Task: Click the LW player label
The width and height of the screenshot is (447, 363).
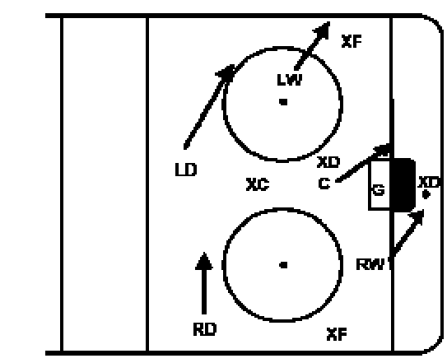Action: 289,80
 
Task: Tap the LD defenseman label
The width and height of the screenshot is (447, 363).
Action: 186,170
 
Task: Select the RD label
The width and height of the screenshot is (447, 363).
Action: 205,329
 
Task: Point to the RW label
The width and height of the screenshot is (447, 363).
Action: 370,264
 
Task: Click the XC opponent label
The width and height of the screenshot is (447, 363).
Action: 258,184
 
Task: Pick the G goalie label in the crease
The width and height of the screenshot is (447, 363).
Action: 379,189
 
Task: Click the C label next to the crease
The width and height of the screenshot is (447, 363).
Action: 324,184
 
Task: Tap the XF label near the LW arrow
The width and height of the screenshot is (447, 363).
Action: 352,41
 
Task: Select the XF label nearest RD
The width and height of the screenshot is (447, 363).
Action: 337,334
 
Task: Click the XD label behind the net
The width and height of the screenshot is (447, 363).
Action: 428,182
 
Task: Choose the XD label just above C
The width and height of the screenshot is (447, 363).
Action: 328,162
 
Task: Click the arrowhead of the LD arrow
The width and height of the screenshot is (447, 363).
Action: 226,72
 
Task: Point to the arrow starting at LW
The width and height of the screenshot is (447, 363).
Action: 313,45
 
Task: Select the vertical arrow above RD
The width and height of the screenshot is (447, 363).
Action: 204,283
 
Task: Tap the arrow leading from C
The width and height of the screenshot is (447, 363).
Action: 364,163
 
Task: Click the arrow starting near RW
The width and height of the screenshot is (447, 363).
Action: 407,233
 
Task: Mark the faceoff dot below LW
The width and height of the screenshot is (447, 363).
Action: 283,102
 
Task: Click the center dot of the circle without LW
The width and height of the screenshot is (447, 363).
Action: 283,265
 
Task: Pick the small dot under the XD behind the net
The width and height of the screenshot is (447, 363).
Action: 426,194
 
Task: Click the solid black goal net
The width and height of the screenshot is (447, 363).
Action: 403,185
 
